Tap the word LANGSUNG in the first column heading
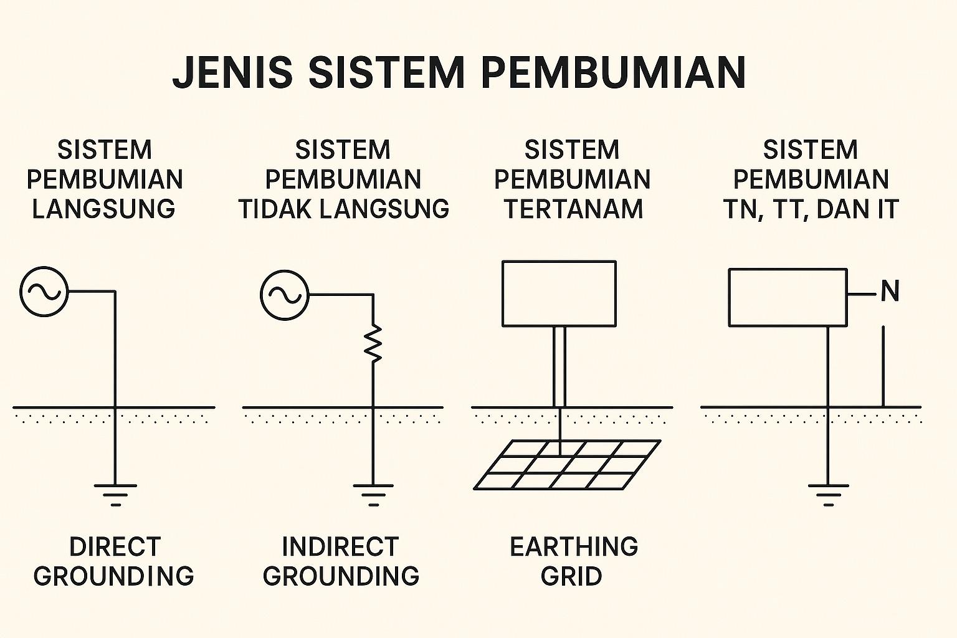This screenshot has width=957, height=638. (103, 209)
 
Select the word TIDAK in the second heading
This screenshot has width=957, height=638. (275, 209)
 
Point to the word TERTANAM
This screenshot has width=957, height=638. (573, 209)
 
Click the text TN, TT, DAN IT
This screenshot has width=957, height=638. (811, 209)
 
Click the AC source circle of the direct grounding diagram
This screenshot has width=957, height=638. (44, 291)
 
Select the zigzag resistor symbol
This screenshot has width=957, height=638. (373, 343)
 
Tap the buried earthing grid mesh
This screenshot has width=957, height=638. (566, 465)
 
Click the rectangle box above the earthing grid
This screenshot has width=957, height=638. (559, 293)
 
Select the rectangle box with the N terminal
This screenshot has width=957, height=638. (788, 297)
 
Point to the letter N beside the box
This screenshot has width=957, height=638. (890, 291)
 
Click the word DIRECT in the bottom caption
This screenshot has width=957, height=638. (115, 547)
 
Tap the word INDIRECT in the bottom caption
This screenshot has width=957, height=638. (340, 547)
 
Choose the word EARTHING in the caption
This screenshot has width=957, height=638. (574, 547)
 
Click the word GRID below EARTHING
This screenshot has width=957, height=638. (571, 576)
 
